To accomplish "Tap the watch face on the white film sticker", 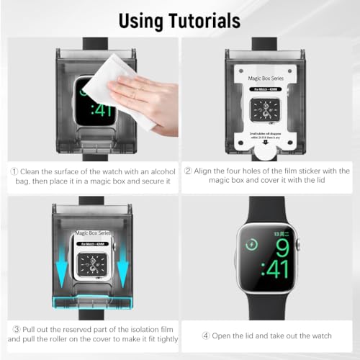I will pos(269,107).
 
